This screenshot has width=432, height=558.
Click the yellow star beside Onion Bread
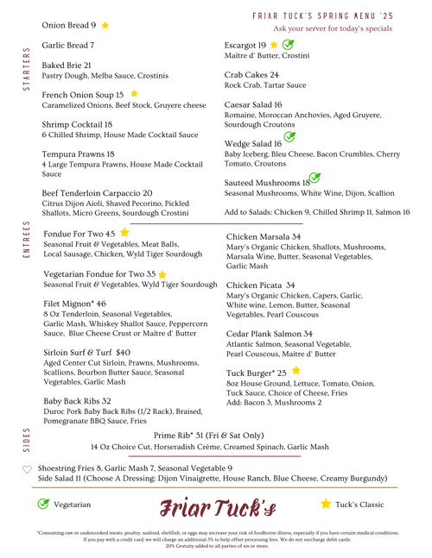105,26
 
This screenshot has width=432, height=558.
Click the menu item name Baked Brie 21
67,66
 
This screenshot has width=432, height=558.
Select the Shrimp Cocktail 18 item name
78,124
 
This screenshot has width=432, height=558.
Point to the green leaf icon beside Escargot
289,44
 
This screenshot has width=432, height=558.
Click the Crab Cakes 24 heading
251,75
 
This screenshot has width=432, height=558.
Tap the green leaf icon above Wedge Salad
290,136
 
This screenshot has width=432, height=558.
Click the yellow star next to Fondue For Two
124,233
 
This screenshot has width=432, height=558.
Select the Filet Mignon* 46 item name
75,304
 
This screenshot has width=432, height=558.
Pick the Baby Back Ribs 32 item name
77,401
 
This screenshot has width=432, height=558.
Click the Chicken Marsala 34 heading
264,236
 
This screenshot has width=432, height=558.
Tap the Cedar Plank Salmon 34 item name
270,334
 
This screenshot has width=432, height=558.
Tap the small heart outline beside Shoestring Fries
27,469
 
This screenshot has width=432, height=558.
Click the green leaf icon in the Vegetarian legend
43,504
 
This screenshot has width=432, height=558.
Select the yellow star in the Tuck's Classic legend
326,504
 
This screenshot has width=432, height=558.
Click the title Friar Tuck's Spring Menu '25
325,16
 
